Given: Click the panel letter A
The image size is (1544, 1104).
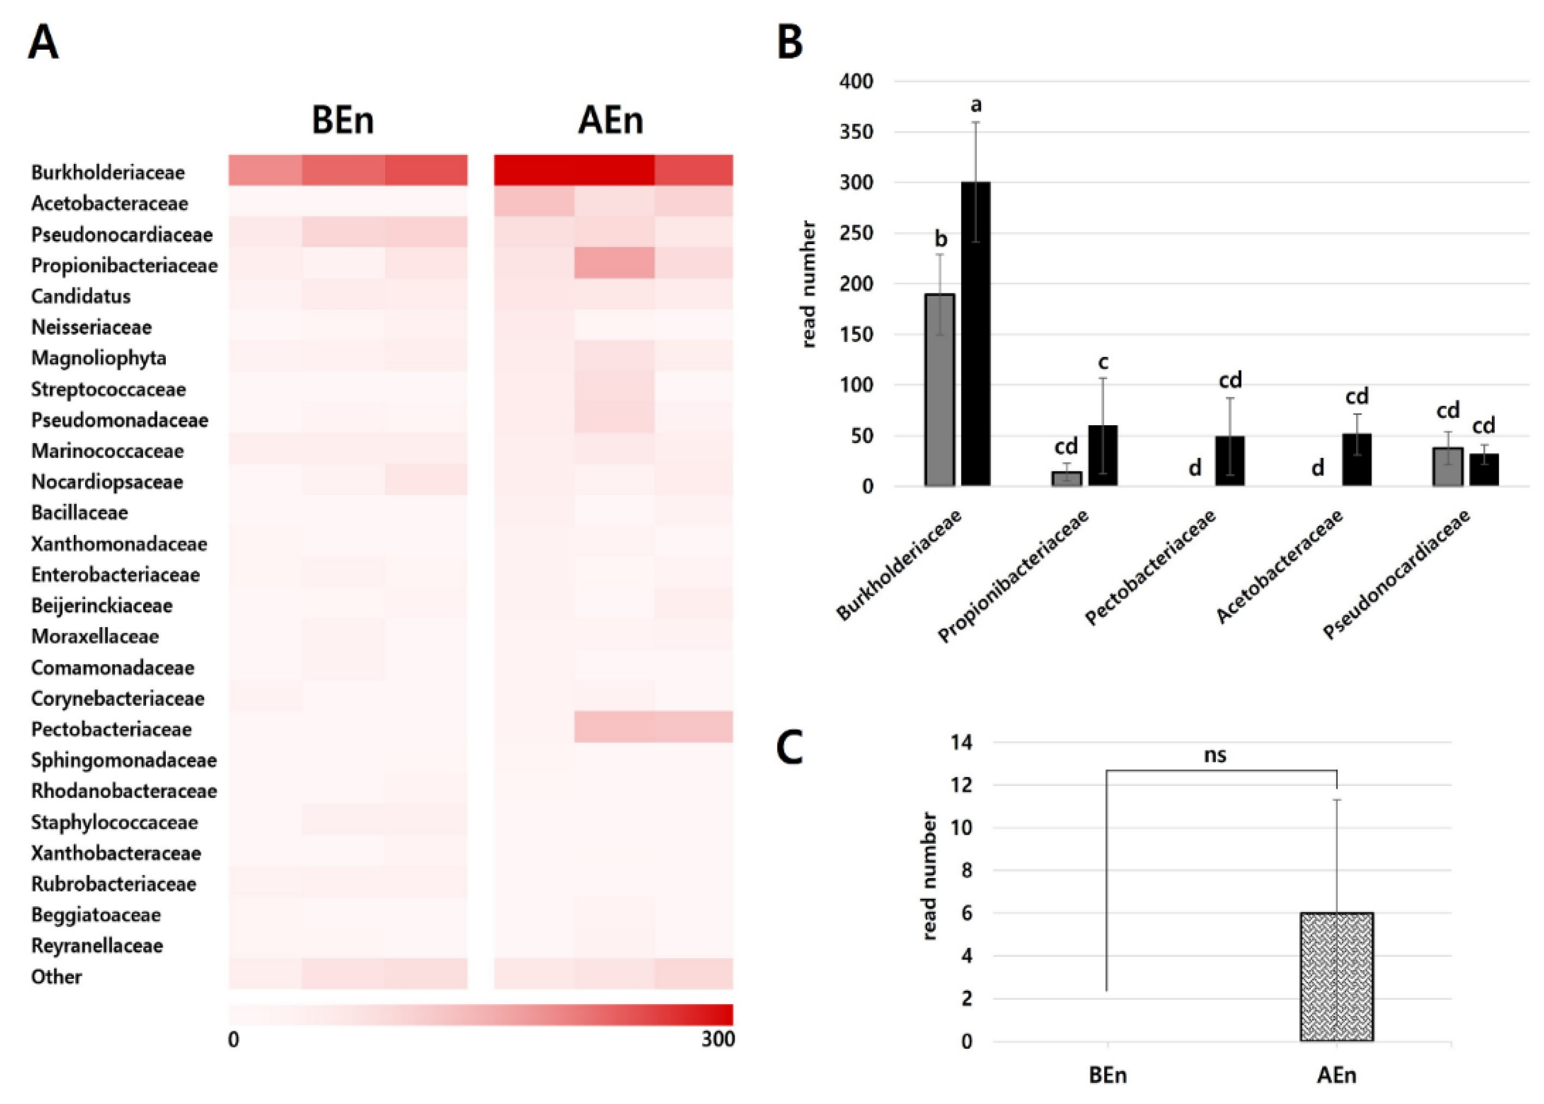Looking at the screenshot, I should pos(43,42).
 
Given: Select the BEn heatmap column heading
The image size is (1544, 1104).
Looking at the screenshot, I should pos(342,120).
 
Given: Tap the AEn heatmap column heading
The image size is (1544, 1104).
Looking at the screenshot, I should pos(610,120).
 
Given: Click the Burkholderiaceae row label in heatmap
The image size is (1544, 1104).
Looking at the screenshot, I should pos(107,173).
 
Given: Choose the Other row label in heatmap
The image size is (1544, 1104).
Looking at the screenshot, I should pos(57,977).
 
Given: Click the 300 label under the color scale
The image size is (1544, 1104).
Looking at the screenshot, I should pos(718,1040).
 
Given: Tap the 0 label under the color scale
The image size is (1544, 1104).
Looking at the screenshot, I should pos(233,1040).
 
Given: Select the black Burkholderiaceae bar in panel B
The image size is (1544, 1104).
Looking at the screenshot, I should pos(975,333).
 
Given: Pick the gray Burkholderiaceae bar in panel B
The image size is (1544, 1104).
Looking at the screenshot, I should pos(939,389).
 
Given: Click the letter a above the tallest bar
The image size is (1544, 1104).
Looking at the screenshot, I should pos(976,105).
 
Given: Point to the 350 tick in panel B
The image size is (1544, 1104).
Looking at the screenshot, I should pos(856,132).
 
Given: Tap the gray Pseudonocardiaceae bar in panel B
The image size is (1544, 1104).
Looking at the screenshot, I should pos(1448,466).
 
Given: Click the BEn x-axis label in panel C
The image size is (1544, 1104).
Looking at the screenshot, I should pos(1107,1075).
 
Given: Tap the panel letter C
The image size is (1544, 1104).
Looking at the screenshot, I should pos(790,748).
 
